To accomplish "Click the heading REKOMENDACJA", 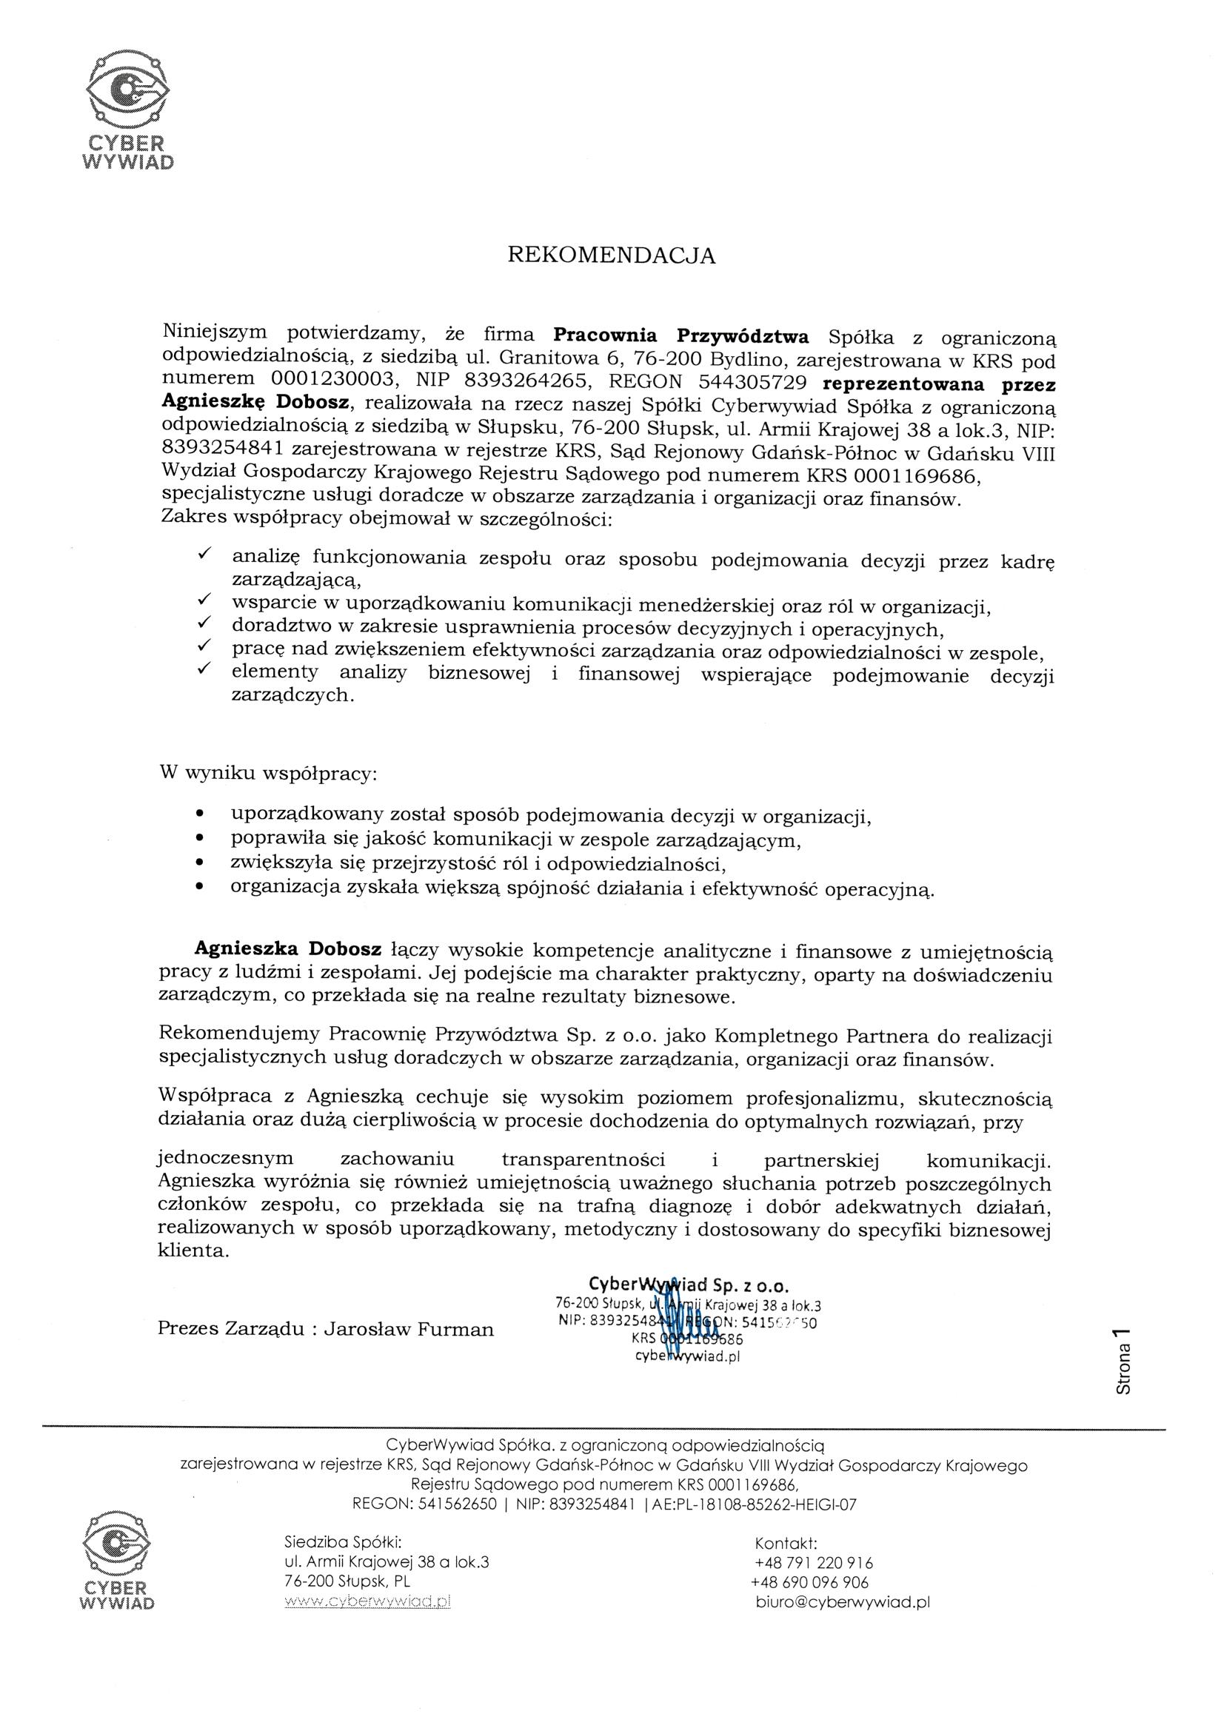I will [x=612, y=255].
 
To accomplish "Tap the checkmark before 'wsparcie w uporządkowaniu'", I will [x=203, y=600].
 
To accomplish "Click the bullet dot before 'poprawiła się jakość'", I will [x=199, y=837].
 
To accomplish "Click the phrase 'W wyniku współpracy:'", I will [x=269, y=774].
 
